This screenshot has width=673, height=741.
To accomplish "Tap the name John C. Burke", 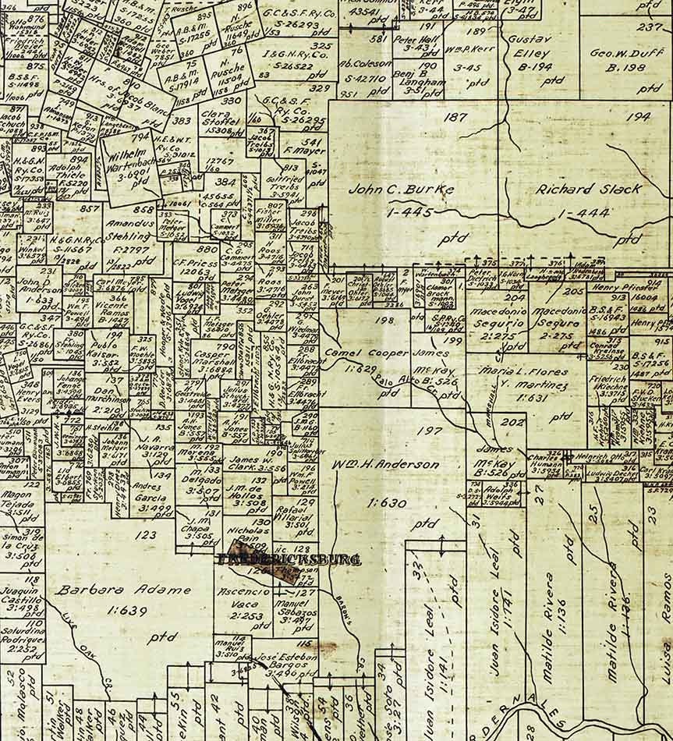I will pyautogui.click(x=385, y=189).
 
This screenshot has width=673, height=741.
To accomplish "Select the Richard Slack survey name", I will pyautogui.click(x=589, y=189).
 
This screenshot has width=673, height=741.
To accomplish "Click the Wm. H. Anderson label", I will pyautogui.click(x=385, y=465).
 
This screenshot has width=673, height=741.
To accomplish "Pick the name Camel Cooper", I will pyautogui.click(x=367, y=353).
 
